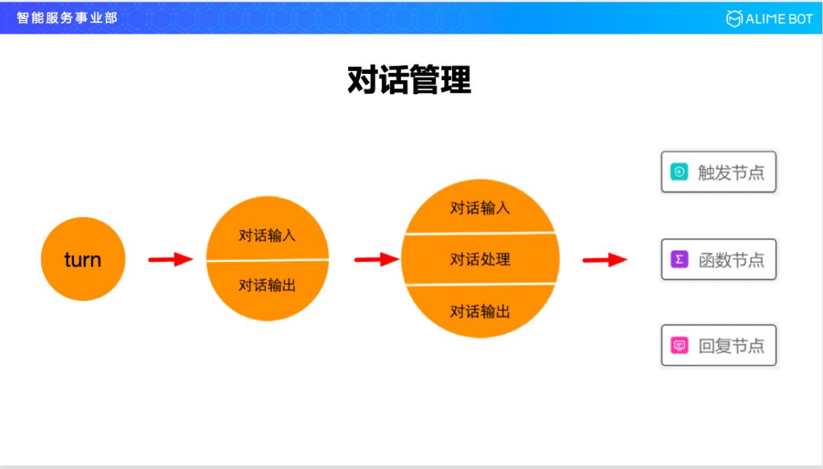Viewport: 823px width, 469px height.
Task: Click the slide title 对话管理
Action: point(409,79)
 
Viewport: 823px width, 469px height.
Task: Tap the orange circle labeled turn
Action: point(82,259)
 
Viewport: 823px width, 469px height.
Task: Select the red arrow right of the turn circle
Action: point(170,260)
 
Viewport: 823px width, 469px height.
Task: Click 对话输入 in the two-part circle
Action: point(267,235)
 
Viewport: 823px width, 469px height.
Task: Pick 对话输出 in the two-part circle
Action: point(267,286)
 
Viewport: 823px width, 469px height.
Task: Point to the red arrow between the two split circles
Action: point(376,260)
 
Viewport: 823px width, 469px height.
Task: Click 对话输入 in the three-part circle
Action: point(480,208)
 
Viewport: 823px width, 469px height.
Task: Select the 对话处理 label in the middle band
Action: point(480,260)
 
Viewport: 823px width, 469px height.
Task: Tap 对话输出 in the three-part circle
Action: point(480,311)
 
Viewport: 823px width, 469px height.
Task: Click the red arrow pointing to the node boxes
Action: point(604,260)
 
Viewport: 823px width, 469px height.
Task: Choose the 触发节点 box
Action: point(718,172)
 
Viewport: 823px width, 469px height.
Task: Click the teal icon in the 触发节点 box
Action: point(679,172)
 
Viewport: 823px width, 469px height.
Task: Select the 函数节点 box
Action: point(718,260)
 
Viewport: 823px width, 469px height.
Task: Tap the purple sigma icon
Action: point(679,260)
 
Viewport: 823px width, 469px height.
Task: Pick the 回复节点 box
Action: point(718,346)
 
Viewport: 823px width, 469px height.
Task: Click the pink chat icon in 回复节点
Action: point(679,346)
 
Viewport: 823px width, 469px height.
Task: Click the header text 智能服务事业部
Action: point(67,18)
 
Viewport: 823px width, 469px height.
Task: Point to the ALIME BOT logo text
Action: point(780,18)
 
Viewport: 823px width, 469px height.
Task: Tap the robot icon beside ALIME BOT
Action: point(734,18)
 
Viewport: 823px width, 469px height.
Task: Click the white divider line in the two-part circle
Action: point(267,260)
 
